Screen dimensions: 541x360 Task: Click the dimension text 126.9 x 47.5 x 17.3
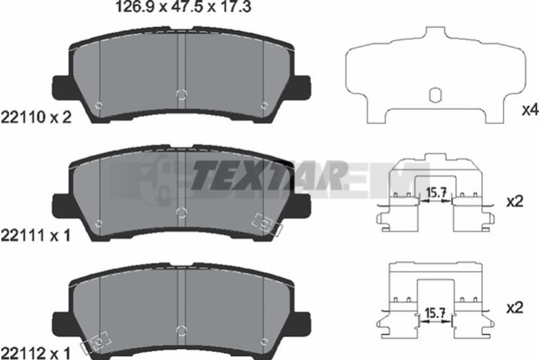[x=183, y=7]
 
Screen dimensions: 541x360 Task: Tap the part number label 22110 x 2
[x=37, y=118]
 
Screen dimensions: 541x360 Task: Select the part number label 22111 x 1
[x=36, y=235]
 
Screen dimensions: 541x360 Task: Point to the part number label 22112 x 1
[x=36, y=353]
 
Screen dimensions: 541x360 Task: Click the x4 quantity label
[x=530, y=110]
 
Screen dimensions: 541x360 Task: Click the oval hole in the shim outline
[x=435, y=95]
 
